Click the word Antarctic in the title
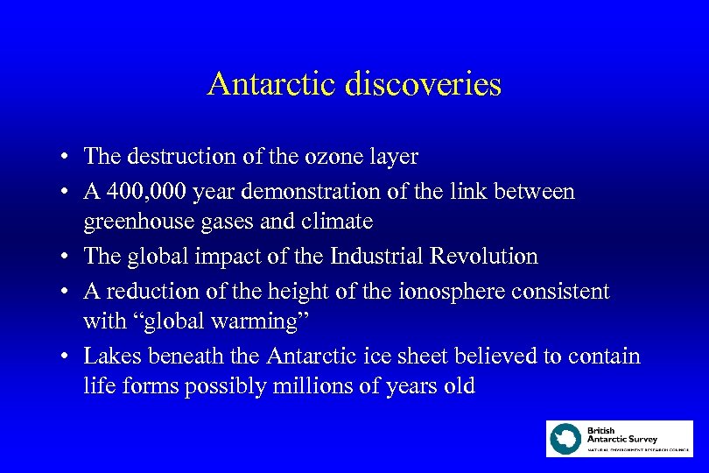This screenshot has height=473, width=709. pyautogui.click(x=272, y=85)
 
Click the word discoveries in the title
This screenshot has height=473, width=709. pyautogui.click(x=423, y=85)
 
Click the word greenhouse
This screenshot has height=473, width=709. pyautogui.click(x=131, y=222)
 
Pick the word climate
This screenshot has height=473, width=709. pyautogui.click(x=338, y=222)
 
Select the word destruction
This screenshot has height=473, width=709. pyautogui.click(x=173, y=157)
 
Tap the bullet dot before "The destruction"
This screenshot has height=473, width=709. pyautogui.click(x=66, y=158)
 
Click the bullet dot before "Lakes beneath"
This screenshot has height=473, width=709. pyautogui.click(x=66, y=357)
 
